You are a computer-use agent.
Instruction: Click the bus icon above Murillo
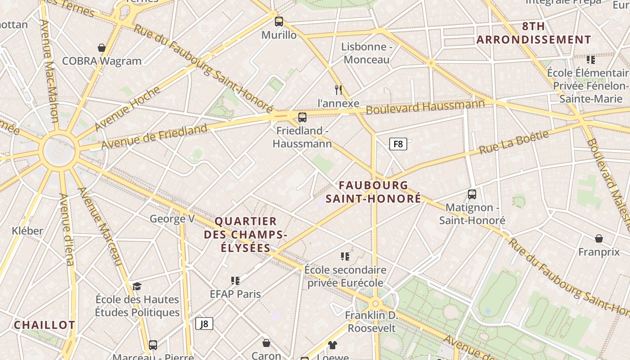279,21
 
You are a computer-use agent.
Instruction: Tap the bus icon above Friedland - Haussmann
302,117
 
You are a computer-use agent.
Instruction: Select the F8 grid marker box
398,144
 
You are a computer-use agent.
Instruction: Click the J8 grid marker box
204,324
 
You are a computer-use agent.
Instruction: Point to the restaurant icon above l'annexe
338,90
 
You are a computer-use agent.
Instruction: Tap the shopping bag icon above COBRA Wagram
102,48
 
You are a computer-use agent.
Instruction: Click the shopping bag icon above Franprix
599,238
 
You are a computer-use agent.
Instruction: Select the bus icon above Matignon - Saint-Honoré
472,194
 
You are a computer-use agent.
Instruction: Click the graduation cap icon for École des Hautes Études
137,286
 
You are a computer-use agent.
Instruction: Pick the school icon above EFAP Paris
235,281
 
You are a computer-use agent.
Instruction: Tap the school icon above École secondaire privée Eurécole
345,256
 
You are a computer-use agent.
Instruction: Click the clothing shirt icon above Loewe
333,345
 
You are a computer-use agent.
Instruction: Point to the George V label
172,219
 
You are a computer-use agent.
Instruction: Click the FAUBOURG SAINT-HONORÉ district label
373,192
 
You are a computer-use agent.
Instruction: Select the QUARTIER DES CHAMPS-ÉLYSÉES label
246,234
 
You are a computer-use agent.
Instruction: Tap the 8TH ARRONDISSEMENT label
533,33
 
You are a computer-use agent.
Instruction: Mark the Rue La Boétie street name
514,142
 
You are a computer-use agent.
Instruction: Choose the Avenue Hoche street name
128,108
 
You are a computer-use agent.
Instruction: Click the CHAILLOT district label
45,325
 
